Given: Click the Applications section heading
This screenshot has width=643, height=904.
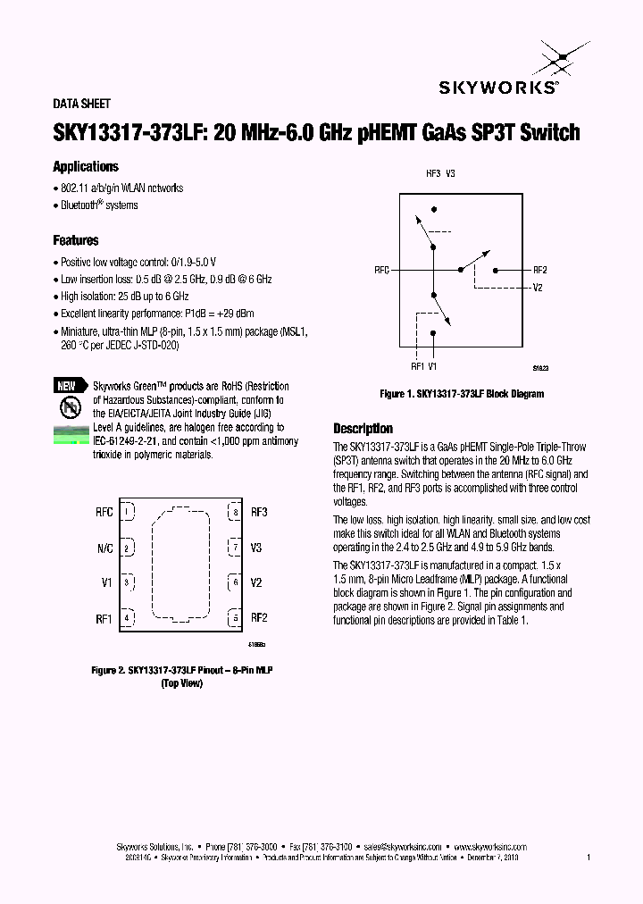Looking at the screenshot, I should point(86,167).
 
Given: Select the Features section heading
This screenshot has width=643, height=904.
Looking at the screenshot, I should point(76,241).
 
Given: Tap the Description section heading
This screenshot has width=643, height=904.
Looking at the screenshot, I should point(363,429).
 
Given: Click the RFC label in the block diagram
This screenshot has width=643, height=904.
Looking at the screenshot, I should point(382,270).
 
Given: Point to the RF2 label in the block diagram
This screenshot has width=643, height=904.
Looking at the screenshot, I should point(539,270).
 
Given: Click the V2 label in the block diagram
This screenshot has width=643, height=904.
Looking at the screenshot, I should point(538,288).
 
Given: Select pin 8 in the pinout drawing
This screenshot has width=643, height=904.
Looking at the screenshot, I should point(235,513).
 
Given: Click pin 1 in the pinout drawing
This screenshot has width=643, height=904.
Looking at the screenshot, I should point(128,513).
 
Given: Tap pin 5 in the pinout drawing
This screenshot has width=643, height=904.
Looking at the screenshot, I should point(235,617).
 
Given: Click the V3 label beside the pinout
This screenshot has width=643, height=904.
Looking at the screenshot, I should point(256,548).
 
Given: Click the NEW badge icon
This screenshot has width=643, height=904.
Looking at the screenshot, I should point(67,386).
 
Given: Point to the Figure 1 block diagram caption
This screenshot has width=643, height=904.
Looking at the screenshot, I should point(462,394).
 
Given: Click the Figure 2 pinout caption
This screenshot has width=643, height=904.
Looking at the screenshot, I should point(182,670).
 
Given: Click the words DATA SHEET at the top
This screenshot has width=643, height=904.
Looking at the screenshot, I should point(82,105).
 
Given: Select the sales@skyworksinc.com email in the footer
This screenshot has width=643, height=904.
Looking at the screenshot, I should point(402,846).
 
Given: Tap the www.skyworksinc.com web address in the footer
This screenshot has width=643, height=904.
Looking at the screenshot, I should point(490,846).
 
